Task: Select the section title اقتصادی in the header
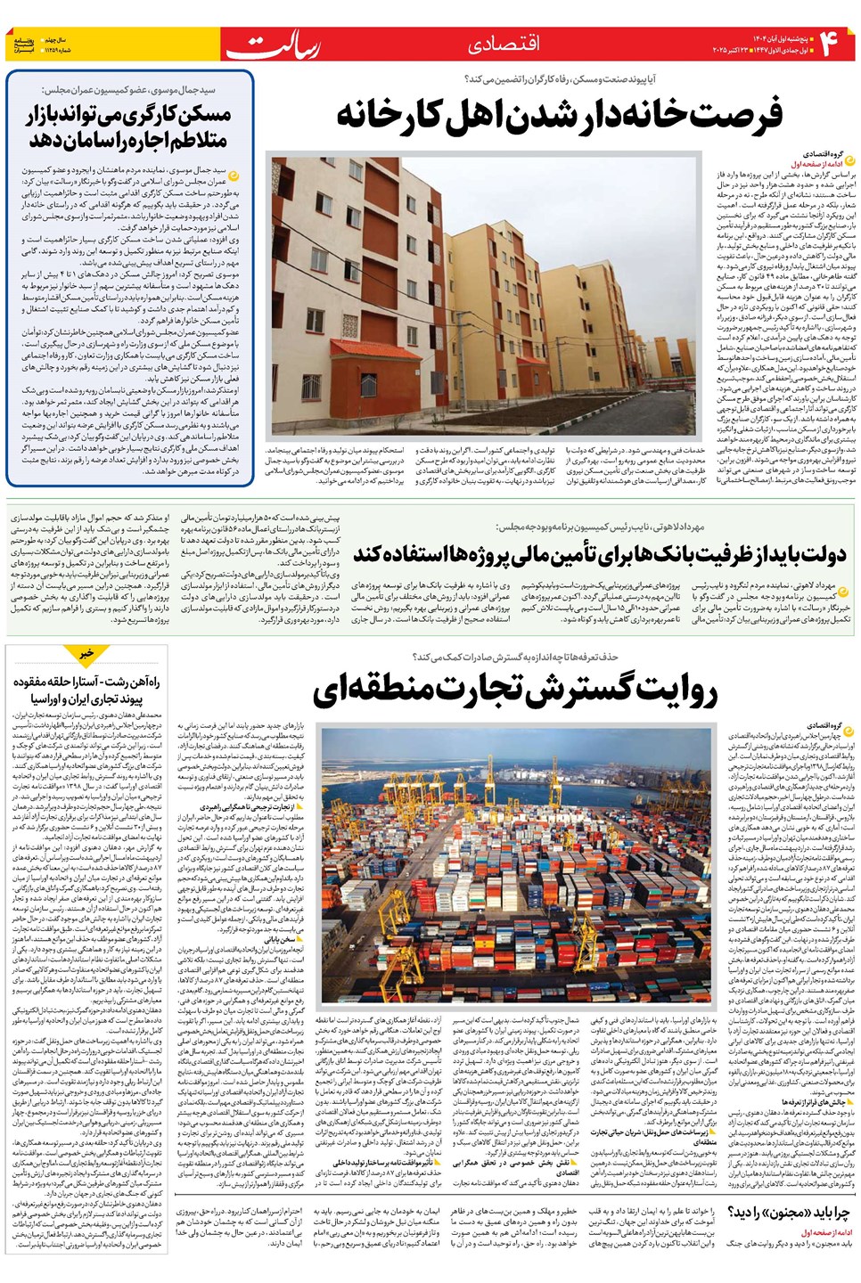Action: tap(504, 44)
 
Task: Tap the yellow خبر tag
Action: tap(86, 654)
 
